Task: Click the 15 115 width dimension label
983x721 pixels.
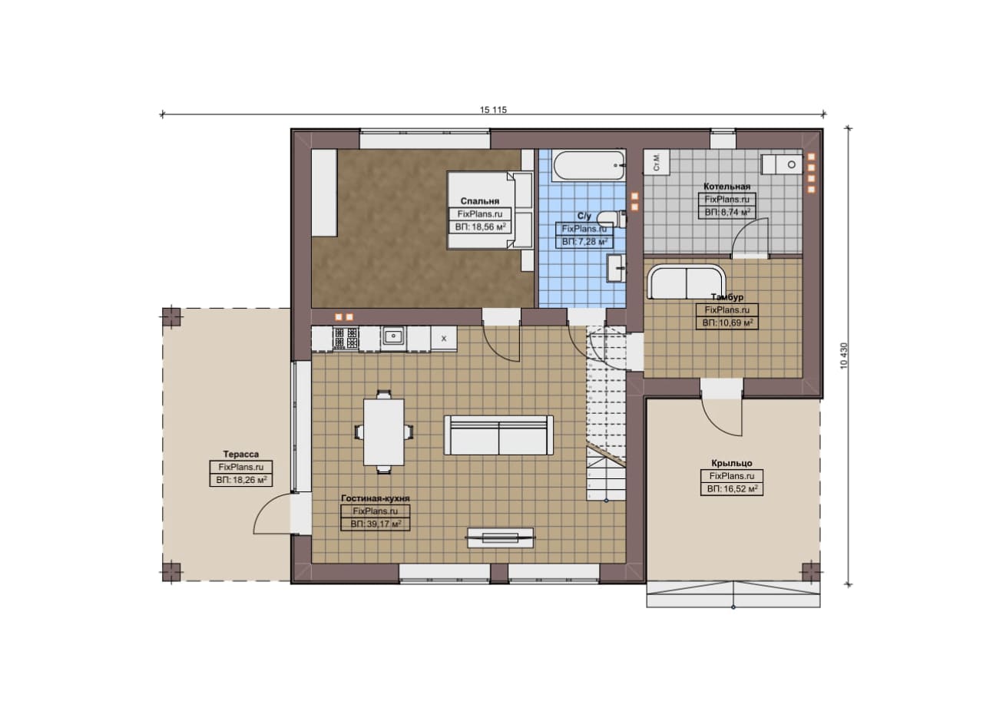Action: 493,110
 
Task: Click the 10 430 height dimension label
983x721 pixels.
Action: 844,356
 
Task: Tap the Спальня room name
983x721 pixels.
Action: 480,201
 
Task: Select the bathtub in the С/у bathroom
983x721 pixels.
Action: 589,165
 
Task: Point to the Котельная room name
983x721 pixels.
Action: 726,187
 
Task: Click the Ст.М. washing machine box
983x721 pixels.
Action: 657,162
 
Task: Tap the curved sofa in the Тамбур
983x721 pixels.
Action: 687,281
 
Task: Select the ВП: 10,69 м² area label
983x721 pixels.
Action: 727,323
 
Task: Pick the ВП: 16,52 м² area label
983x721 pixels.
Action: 732,489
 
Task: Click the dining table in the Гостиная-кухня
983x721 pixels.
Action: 383,432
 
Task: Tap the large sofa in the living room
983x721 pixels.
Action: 498,435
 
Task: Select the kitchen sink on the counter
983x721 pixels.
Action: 394,337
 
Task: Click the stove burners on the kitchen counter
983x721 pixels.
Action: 346,338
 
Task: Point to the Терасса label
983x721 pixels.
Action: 241,455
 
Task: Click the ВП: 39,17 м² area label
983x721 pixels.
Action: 376,524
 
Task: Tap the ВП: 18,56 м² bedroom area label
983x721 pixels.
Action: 480,227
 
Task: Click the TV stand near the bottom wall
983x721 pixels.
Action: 501,537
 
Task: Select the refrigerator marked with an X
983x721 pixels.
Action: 444,339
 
